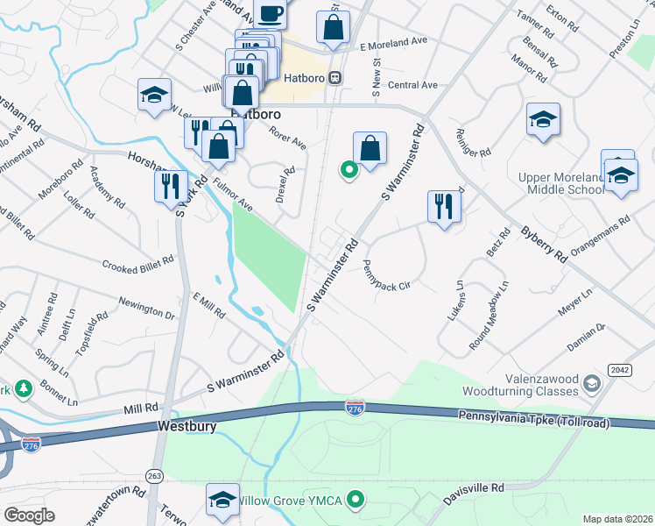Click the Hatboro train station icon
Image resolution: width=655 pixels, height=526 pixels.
(x=335, y=78)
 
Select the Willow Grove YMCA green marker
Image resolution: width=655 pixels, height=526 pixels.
(x=355, y=501)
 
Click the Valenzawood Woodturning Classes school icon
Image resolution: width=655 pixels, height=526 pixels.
(x=593, y=384)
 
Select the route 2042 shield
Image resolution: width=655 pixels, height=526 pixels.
(x=619, y=370)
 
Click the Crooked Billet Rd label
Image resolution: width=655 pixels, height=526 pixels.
(x=138, y=265)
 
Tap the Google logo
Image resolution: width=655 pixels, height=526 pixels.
(x=29, y=515)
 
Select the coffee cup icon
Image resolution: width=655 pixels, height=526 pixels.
(x=270, y=12)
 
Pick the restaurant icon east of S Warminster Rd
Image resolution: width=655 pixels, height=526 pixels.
(x=444, y=207)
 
